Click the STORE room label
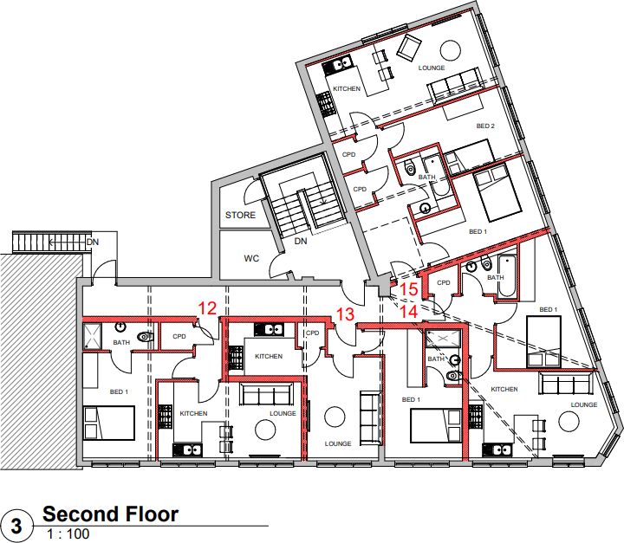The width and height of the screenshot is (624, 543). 240,215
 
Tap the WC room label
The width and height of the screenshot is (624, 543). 252,258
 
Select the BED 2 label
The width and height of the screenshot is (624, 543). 485,126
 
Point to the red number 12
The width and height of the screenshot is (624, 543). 207,307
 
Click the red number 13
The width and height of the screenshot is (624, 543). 345,315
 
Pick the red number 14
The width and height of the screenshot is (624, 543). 408,308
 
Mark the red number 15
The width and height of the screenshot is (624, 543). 409,289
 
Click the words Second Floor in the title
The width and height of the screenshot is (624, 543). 111,514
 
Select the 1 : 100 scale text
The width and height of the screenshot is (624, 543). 67,534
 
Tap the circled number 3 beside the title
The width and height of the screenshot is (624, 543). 16,525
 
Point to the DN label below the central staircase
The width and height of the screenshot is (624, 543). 301,242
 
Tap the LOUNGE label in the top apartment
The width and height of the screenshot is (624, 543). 431,68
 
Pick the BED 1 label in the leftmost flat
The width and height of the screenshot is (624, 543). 119,391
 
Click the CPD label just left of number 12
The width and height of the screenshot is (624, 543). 179,336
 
